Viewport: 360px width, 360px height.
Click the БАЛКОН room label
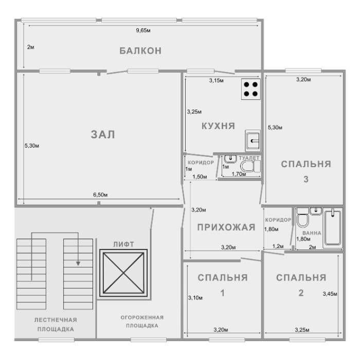click(140, 50)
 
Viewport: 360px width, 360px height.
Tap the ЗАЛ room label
click(103, 135)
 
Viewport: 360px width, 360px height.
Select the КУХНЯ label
click(218, 125)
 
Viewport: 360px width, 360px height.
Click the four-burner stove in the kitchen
click(251, 88)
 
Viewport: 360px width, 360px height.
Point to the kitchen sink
click(253, 139)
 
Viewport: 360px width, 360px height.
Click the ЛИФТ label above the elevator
click(123, 244)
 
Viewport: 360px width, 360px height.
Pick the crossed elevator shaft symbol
click(123, 274)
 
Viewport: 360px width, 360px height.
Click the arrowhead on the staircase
click(78, 263)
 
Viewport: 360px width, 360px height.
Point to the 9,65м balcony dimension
click(143, 31)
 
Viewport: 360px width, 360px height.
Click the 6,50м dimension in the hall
click(100, 195)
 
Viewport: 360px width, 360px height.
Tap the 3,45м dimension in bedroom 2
click(329, 294)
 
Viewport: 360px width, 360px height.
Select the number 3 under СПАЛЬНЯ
click(305, 179)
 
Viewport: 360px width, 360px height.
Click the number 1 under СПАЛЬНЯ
click(222, 293)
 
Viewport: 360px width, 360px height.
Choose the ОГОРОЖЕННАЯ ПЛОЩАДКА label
click(142, 321)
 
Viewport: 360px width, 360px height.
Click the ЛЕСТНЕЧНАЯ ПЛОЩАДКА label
click(56, 324)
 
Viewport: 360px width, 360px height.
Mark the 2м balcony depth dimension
click(30, 47)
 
